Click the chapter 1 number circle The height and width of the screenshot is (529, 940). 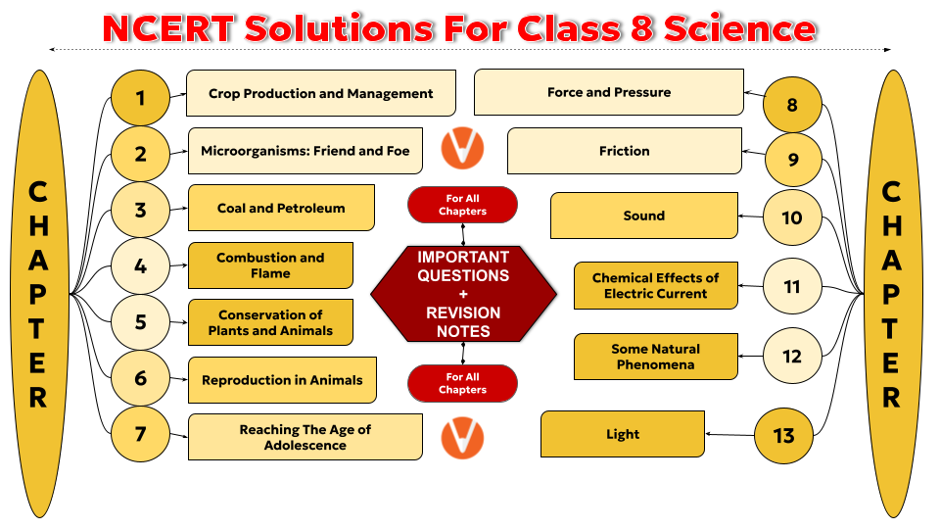coord(140,98)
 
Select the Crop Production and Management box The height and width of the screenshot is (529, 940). coord(321,93)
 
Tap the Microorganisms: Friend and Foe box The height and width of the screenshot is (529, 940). coord(305,151)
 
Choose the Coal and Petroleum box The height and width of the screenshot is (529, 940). coord(281,208)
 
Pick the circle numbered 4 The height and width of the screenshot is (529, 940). coord(140,265)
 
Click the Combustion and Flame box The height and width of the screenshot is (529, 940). coord(270,265)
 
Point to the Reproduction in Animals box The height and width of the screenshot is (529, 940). coord(282,380)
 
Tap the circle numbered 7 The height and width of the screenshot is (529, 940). coord(140,434)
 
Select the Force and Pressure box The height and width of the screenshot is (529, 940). coord(609,92)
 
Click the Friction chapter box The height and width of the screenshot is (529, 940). coord(625,151)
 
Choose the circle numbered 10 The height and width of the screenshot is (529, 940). coord(792,217)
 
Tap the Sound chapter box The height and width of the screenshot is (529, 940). coord(644,216)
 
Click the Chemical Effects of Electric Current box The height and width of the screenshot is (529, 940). coord(656,285)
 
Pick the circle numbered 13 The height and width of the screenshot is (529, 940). coord(783,435)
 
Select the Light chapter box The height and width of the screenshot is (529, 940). coord(623,434)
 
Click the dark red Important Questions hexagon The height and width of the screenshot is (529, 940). coord(463,294)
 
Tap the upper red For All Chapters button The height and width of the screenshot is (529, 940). coord(462,205)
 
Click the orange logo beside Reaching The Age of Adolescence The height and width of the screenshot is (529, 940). coord(462,438)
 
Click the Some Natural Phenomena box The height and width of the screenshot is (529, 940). coord(656,357)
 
